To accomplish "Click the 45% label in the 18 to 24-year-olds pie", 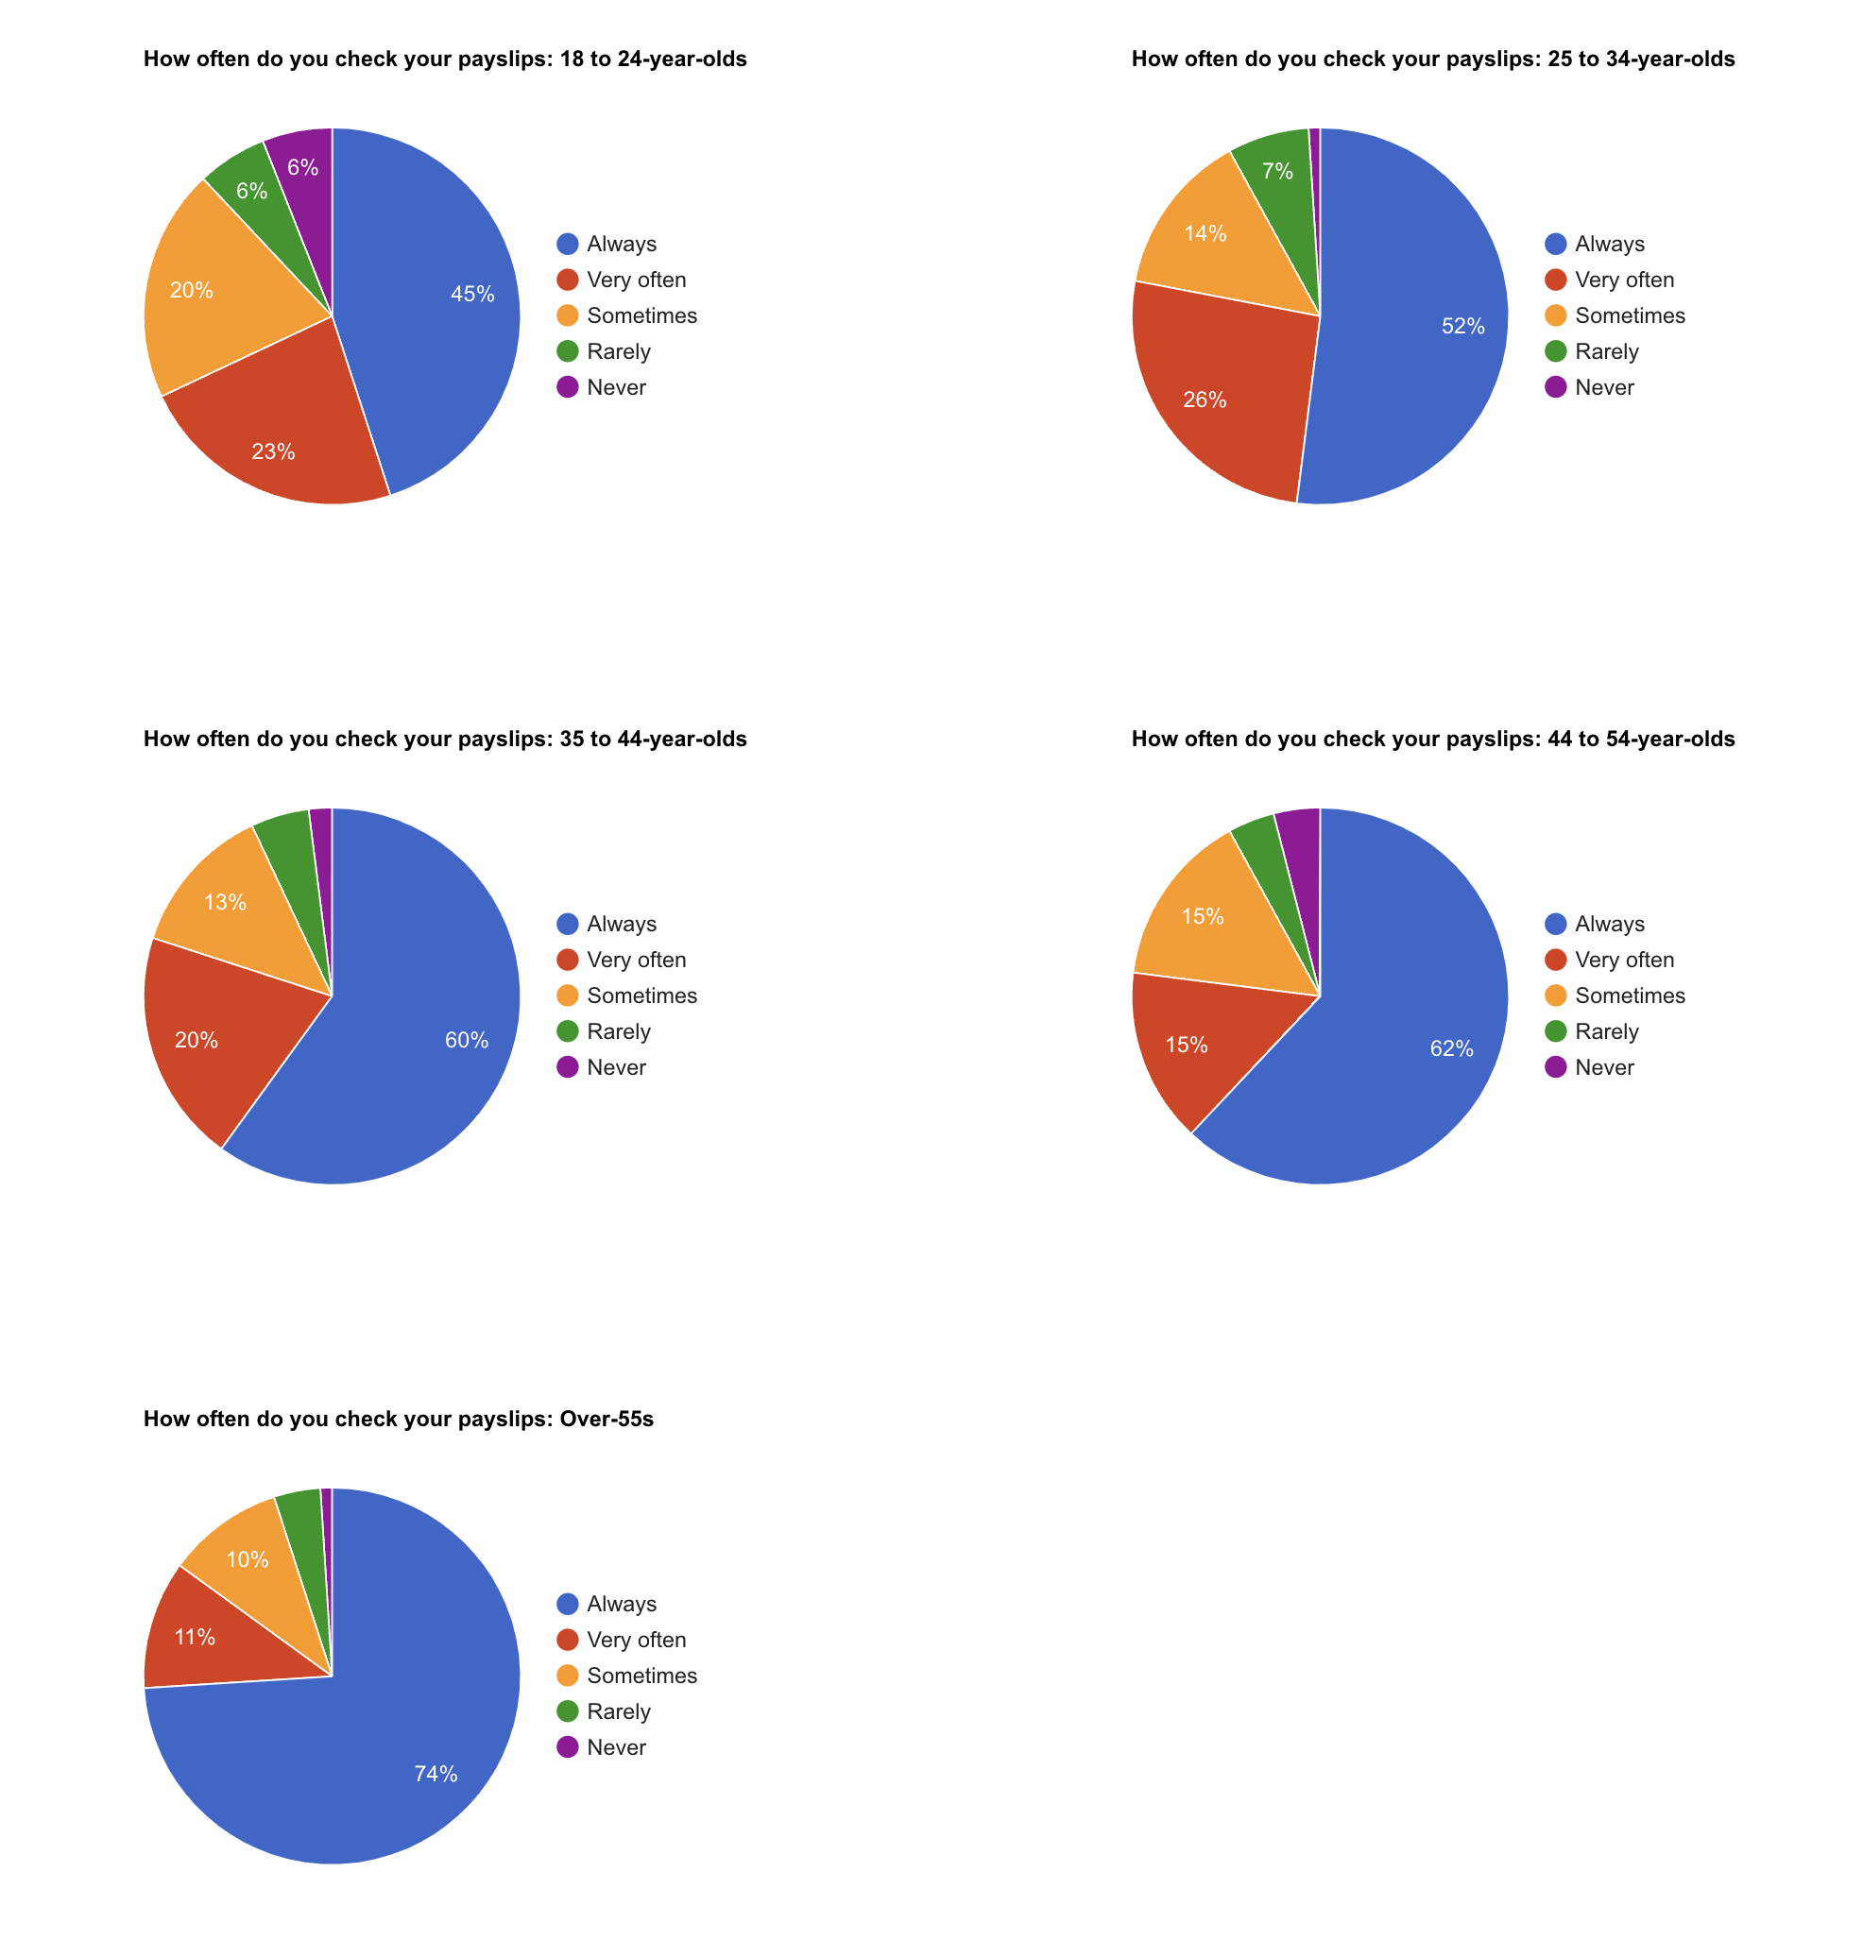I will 471,294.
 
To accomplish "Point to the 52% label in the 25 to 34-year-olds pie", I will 1461,326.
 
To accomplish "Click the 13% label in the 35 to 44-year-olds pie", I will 226,902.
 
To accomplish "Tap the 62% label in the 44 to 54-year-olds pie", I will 1451,1048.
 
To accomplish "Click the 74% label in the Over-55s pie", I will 436,1774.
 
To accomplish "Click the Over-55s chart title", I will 399,1419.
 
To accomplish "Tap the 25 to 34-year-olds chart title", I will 1432,59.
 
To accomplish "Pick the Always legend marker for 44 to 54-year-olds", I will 1555,924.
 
